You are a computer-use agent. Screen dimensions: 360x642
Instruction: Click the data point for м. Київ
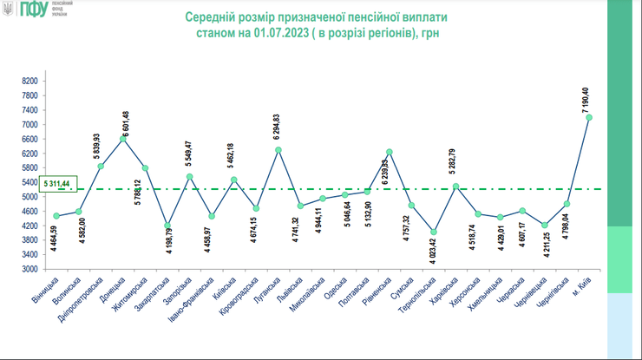point(588,117)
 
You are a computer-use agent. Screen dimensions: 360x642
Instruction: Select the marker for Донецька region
point(123,138)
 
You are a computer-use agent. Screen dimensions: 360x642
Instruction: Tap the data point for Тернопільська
point(434,232)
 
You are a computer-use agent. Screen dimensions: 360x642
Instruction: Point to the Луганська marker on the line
point(278,150)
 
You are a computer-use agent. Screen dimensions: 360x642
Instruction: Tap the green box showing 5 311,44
point(59,183)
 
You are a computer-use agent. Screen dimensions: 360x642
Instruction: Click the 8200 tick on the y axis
point(29,81)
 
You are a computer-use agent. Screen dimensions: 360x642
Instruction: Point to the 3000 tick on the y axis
point(29,270)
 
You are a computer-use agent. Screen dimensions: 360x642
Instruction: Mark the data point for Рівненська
point(390,152)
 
